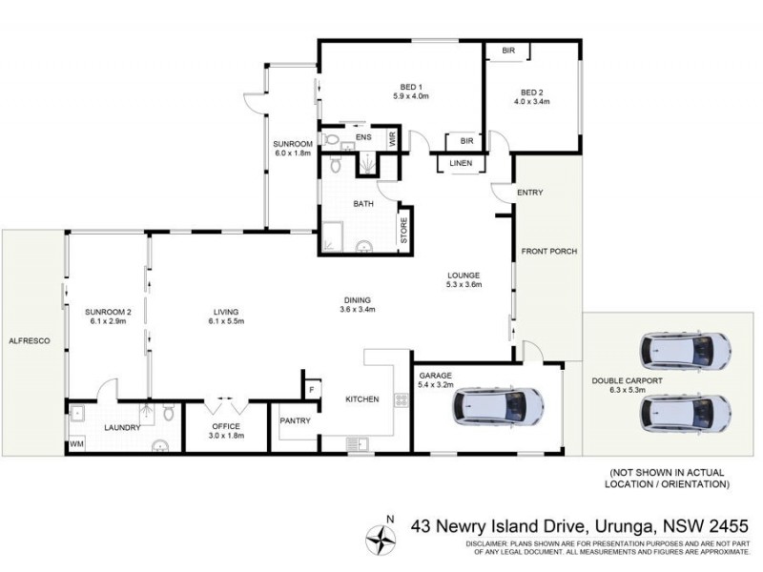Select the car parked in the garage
(498, 408)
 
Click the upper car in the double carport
(686, 352)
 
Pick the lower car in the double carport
(686, 413)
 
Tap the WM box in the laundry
(75, 445)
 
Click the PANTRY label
(295, 420)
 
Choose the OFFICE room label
(225, 426)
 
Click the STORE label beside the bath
(403, 232)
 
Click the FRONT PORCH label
(548, 252)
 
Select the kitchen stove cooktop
(401, 400)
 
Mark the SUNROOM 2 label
(106, 312)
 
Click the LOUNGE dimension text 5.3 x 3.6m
(465, 285)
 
